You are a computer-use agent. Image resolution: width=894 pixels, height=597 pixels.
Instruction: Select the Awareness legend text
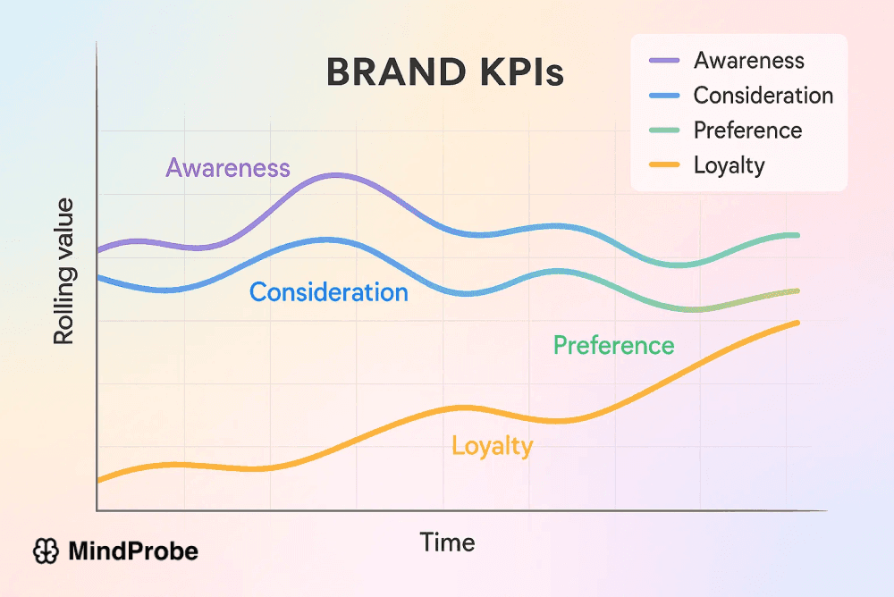click(749, 61)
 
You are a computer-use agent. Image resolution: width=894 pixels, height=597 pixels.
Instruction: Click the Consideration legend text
click(763, 96)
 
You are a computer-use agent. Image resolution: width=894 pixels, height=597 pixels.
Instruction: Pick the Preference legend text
click(747, 130)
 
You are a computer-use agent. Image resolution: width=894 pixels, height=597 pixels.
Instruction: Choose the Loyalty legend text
click(729, 165)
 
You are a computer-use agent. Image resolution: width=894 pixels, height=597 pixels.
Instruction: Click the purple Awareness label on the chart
click(228, 168)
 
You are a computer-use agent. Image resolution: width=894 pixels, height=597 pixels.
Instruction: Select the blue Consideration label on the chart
click(328, 292)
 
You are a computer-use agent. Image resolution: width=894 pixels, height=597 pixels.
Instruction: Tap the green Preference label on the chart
click(613, 346)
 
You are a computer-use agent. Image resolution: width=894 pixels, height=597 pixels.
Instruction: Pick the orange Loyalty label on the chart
click(492, 446)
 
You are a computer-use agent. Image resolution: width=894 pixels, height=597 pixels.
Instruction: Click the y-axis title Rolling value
click(63, 272)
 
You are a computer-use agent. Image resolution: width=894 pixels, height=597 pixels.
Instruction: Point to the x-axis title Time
click(447, 542)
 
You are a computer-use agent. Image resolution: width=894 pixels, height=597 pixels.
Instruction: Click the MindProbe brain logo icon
click(45, 551)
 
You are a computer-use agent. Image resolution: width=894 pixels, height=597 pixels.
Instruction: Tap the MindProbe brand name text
click(133, 551)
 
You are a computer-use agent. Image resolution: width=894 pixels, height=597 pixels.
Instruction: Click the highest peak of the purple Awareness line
click(335, 175)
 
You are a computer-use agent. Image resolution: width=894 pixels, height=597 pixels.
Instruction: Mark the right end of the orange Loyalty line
click(797, 323)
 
